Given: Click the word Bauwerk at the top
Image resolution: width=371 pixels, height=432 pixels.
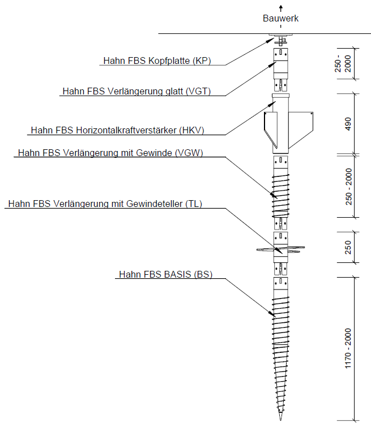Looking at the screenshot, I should (280, 18).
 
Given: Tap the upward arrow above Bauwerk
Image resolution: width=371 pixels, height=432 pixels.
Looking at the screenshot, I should (280, 8).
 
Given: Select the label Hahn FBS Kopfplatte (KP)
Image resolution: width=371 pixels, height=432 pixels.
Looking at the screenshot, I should (157, 61).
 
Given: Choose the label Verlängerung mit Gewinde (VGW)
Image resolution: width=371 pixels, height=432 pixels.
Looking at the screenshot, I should (110, 153).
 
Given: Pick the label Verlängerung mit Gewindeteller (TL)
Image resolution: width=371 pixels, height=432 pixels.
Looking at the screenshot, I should (105, 204).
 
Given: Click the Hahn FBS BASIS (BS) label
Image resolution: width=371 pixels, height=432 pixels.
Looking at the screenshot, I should (165, 274).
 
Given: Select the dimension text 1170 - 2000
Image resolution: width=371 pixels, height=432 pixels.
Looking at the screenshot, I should (349, 349).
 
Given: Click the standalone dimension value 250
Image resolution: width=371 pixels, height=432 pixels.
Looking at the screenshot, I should (349, 248).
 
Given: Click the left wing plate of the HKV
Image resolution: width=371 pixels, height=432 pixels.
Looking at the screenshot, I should (267, 128).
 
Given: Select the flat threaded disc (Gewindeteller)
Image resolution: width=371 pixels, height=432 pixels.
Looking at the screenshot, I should (280, 248).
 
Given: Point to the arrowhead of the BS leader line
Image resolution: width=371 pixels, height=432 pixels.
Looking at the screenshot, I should (272, 313).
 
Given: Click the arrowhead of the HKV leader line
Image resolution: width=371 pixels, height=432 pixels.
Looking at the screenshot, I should (272, 103).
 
